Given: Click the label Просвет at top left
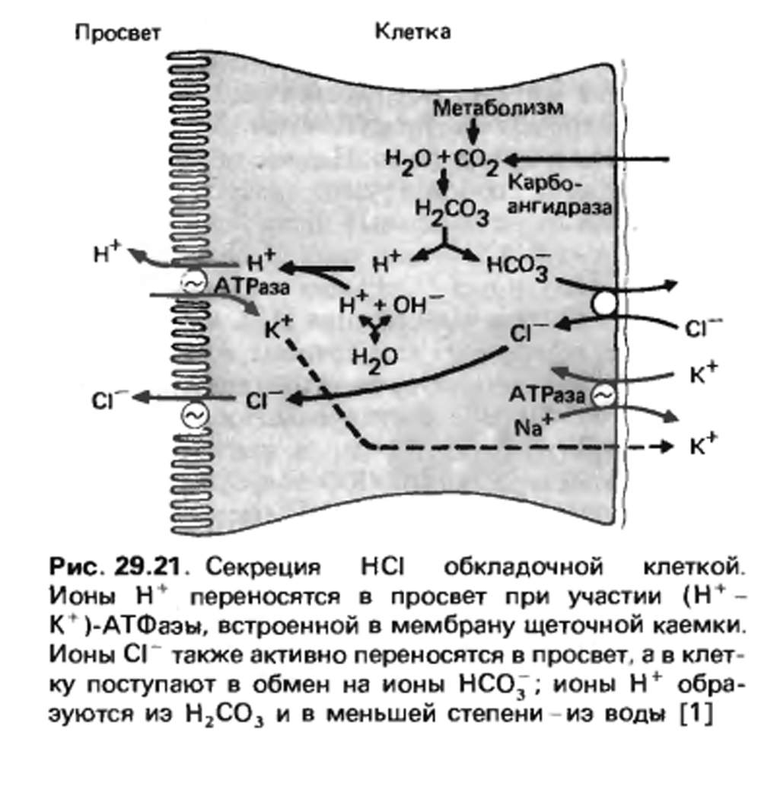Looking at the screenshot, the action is point(118,33).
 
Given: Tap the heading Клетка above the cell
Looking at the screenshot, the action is point(412,32).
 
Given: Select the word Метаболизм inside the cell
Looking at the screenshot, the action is point(498,108).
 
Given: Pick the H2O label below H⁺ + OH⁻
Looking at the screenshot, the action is point(375,360).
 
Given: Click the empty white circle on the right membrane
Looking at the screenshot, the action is point(605,304).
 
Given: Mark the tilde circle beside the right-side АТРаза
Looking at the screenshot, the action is point(603,396).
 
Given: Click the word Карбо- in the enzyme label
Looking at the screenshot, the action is point(545,183).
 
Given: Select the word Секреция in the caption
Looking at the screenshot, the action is point(263,568).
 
